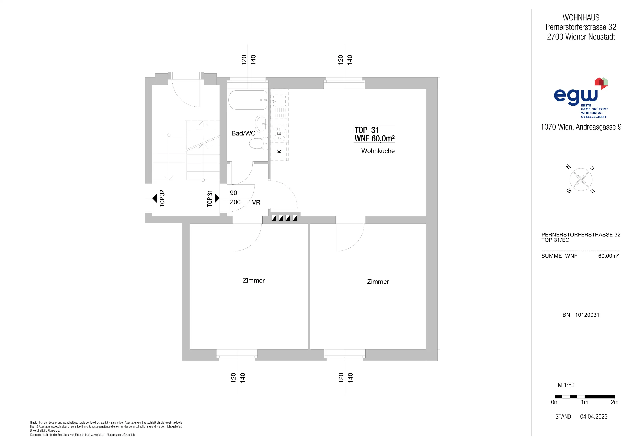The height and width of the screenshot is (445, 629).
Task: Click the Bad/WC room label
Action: [243, 134]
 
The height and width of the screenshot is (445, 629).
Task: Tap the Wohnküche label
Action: [378, 151]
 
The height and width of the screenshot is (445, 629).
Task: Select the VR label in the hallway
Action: [256, 203]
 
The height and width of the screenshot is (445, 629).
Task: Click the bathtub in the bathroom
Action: [248, 100]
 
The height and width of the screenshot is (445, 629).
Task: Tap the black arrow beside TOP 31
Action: [217, 198]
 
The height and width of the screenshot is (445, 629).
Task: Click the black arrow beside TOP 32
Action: [154, 198]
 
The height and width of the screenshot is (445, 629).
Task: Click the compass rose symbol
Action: [581, 180]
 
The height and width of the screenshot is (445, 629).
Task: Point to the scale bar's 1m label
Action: [585, 402]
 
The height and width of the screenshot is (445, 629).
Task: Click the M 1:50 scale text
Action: [566, 385]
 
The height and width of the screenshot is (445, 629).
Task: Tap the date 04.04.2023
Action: [594, 416]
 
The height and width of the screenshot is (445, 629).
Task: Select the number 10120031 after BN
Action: [587, 315]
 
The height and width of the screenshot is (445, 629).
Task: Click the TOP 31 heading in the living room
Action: [367, 130]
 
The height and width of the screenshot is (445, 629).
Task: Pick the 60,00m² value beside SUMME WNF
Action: [608, 256]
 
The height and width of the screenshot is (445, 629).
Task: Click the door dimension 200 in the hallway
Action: [235, 202]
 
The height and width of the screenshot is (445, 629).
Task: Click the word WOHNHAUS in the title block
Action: [581, 18]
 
